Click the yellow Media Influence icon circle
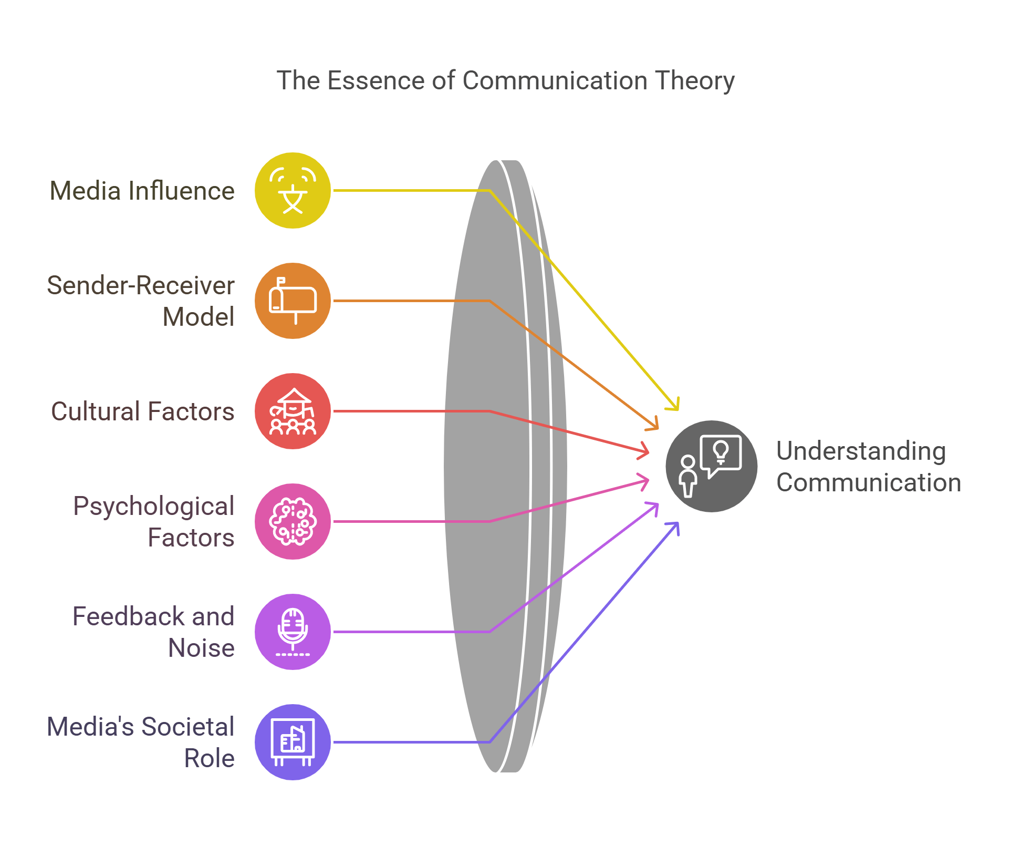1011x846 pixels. click(293, 190)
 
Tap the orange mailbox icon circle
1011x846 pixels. click(293, 301)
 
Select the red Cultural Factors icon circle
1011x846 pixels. click(293, 411)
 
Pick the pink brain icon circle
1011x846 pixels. click(293, 521)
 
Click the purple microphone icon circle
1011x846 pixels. click(293, 632)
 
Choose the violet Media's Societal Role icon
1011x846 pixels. click(293, 742)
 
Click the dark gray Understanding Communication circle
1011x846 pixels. click(711, 466)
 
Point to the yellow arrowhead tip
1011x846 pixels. click(678, 409)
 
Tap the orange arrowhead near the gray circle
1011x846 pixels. click(657, 428)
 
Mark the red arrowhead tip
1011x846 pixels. click(648, 452)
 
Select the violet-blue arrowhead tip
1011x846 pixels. click(678, 523)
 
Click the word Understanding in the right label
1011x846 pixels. click(861, 451)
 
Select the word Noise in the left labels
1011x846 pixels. click(201, 648)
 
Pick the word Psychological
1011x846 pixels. click(153, 506)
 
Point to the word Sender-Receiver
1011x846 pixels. click(140, 285)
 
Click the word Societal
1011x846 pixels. click(187, 727)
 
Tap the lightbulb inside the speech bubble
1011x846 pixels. click(721, 451)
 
